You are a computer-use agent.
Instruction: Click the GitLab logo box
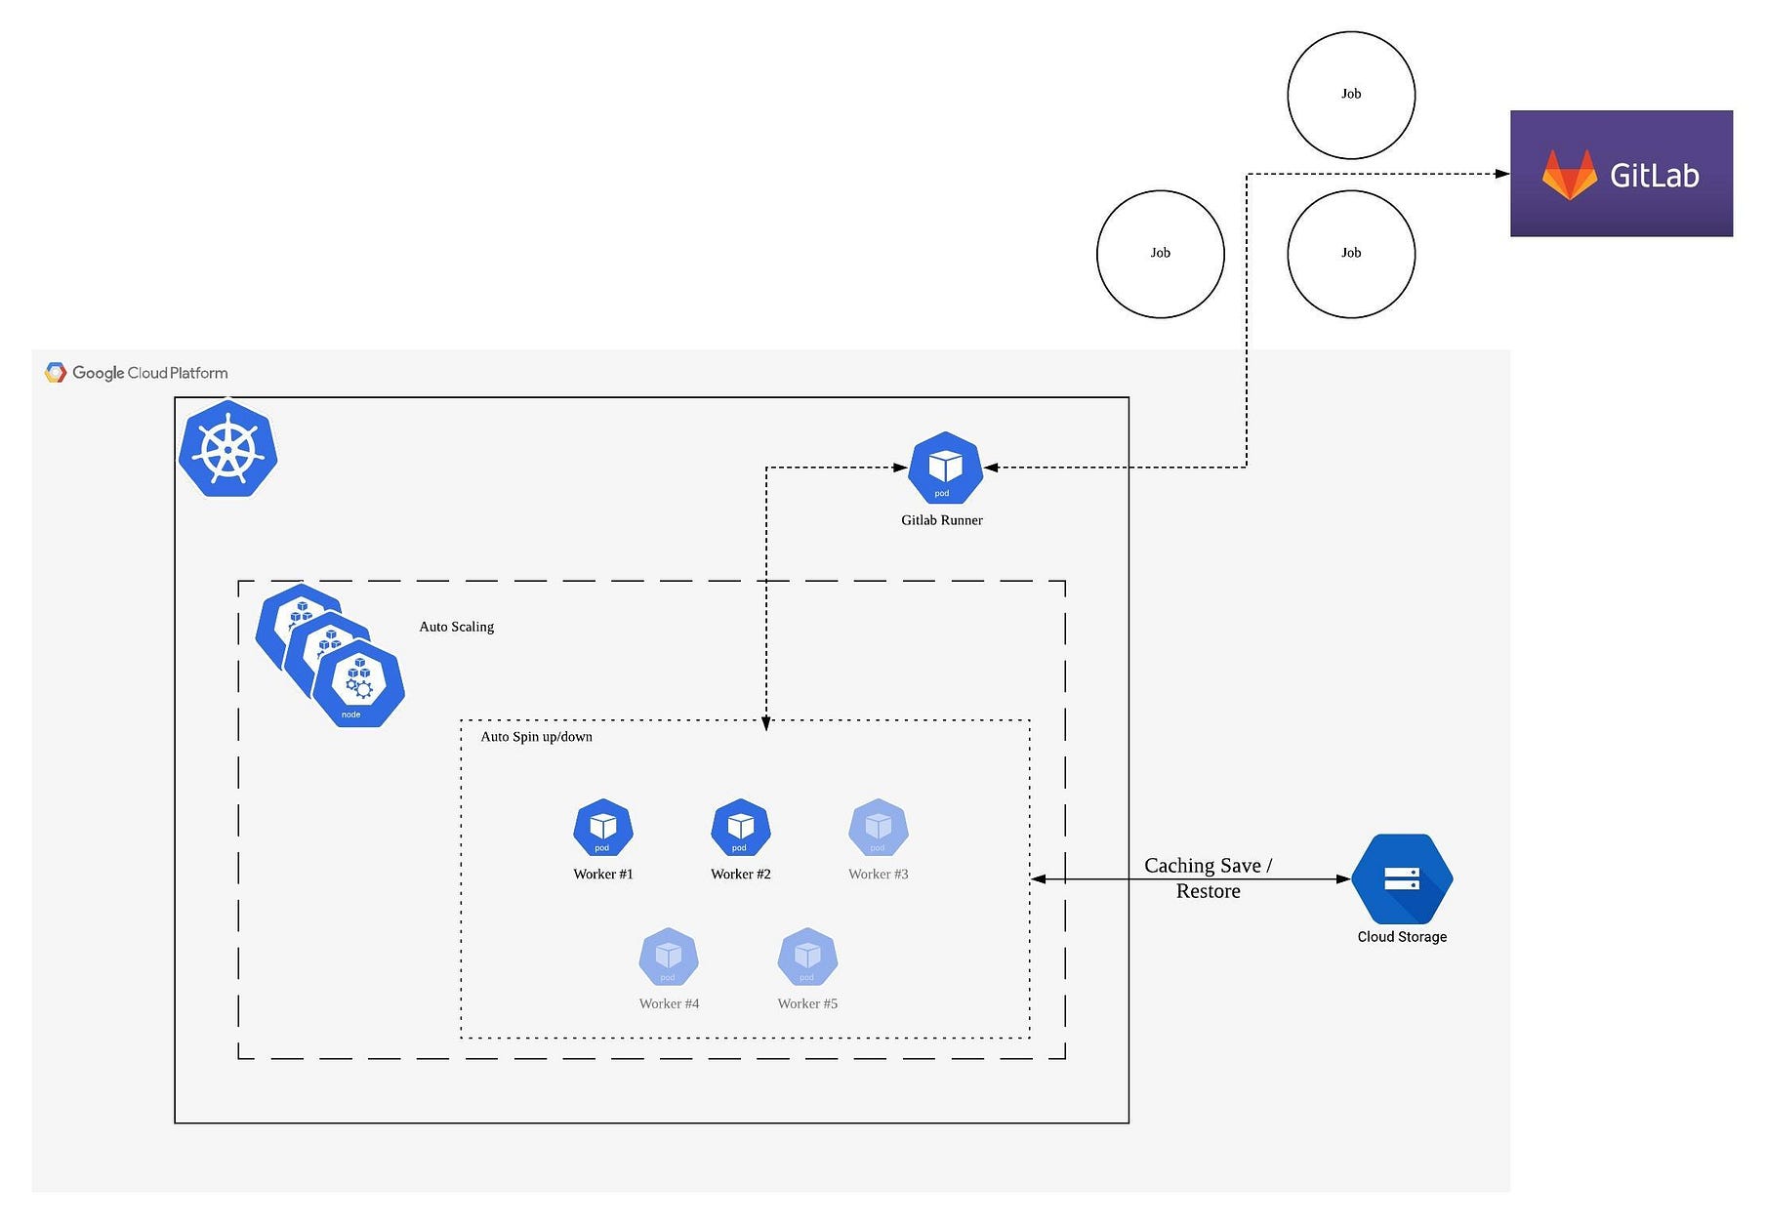pos(1621,174)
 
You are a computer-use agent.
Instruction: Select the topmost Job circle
pos(1351,95)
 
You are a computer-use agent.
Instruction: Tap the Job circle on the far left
pos(1160,254)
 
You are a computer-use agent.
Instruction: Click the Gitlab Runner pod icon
pos(944,468)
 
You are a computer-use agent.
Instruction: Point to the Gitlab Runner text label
pos(941,520)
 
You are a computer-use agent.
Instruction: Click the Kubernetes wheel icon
pos(228,449)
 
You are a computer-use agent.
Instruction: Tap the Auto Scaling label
pos(456,627)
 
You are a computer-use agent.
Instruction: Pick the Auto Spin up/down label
pos(536,737)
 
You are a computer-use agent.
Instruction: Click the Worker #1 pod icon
pos(602,828)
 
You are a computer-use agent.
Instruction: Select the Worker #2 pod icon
pos(740,828)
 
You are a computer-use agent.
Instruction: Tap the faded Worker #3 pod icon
pos(878,828)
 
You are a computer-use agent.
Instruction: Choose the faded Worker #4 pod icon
pos(669,957)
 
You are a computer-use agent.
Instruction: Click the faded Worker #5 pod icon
pos(807,957)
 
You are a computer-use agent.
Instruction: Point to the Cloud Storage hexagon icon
pos(1402,878)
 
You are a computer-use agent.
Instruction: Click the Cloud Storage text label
pos(1402,937)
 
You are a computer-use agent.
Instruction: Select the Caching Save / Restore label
pos(1208,877)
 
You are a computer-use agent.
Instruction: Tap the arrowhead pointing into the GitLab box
pos(1502,174)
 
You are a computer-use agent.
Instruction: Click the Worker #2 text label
pos(740,875)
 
